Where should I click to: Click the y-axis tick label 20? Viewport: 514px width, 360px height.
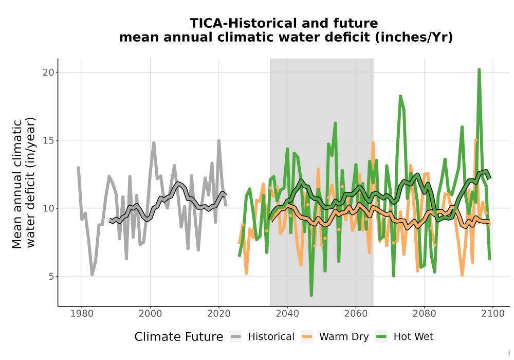click(48, 72)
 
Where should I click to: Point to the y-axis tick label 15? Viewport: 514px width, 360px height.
click(48, 140)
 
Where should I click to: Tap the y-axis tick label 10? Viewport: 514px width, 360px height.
click(48, 208)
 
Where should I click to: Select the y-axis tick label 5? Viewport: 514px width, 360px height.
click(51, 276)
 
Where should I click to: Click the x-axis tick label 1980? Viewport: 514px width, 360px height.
click(82, 314)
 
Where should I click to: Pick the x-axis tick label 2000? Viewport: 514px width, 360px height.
click(150, 314)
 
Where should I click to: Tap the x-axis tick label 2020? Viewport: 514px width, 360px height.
click(218, 314)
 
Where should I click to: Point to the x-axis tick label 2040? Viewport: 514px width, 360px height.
click(287, 314)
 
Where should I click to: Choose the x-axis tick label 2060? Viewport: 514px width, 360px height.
click(356, 314)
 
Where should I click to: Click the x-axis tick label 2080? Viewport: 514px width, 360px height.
click(424, 314)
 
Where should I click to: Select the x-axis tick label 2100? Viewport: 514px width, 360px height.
click(493, 314)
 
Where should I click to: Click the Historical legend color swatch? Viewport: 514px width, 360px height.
click(236, 336)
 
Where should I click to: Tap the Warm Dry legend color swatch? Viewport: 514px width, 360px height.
click(307, 336)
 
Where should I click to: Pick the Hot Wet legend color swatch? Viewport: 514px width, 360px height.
click(381, 336)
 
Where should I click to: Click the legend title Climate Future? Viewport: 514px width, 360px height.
click(179, 337)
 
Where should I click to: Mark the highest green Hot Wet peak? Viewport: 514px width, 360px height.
click(479, 69)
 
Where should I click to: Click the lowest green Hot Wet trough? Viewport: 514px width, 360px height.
click(311, 295)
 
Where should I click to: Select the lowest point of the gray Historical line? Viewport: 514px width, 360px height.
click(92, 275)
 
